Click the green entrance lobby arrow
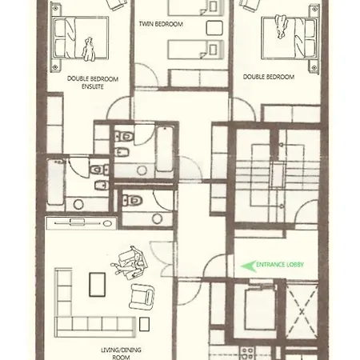click(x=248, y=266)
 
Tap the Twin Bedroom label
click(x=161, y=24)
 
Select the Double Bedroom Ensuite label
click(x=93, y=82)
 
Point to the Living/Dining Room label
click(x=121, y=354)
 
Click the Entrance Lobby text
click(x=280, y=265)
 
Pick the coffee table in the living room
click(x=97, y=285)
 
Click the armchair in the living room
click(x=142, y=297)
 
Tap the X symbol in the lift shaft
click(x=302, y=311)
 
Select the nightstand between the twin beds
click(x=214, y=28)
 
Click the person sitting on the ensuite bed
click(x=88, y=50)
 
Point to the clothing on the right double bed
click(x=281, y=26)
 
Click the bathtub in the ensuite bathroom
click(x=55, y=182)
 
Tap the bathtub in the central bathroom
click(x=165, y=149)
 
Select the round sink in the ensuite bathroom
click(x=78, y=205)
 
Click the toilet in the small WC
click(x=132, y=200)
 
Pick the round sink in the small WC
click(x=157, y=218)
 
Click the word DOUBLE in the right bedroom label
click(x=253, y=77)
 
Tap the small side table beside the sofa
click(x=144, y=324)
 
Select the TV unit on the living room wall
click(x=81, y=223)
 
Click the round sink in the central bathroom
click(x=142, y=170)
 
